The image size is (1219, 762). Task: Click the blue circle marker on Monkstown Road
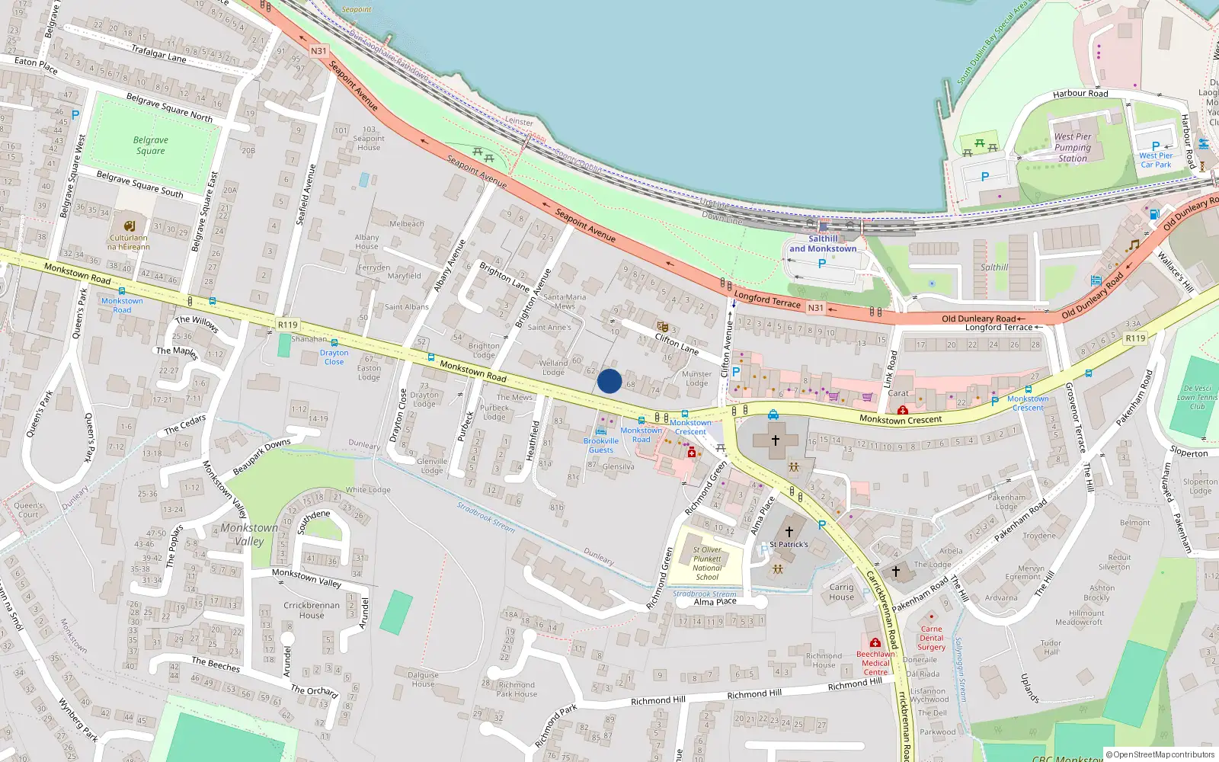coord(609,381)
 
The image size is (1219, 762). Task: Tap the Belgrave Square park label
coord(151,145)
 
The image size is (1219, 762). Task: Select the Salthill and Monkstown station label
coord(823,244)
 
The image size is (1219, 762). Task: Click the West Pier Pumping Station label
coord(1073,148)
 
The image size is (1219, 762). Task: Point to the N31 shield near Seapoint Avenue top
coord(318,51)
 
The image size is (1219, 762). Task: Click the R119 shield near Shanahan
coord(287,325)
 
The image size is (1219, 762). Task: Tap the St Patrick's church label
coord(789,544)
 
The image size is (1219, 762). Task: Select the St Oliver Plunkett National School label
coord(707,563)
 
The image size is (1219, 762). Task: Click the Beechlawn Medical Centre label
coord(875,663)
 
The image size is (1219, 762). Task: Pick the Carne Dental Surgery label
coord(931,639)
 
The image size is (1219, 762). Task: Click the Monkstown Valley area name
coord(250,534)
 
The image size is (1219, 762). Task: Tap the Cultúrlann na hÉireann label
coord(129,242)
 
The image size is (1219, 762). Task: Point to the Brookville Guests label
coord(601,445)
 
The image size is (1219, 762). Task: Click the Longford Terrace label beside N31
coord(767,298)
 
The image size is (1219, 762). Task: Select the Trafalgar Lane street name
coord(158,53)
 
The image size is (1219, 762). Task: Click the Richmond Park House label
coord(517,690)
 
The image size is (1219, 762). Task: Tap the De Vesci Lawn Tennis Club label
coord(1197,397)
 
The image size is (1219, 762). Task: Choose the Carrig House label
coord(841,592)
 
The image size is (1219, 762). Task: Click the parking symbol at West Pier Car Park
coord(1156,146)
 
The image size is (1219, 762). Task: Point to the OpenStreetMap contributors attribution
coord(1160,754)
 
